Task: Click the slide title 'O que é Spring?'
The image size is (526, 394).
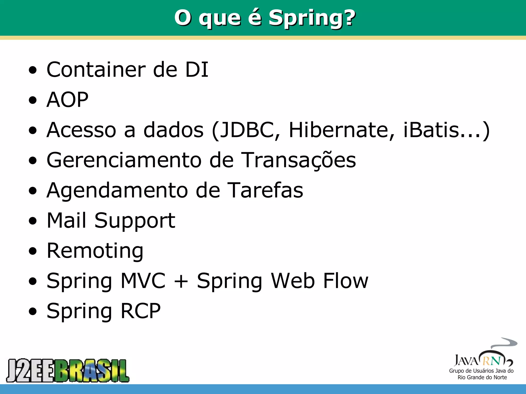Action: click(x=265, y=18)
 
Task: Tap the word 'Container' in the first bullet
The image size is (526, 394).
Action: click(x=96, y=70)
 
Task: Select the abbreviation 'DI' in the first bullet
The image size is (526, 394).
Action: click(x=196, y=70)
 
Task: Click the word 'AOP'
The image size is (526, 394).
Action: click(x=67, y=100)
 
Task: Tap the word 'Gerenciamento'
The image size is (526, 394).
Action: click(x=124, y=160)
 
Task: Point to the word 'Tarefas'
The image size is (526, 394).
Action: click(x=266, y=190)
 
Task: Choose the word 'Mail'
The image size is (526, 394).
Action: click(x=67, y=220)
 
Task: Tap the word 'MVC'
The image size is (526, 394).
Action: click(x=143, y=281)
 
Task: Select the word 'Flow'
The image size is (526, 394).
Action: click(x=346, y=281)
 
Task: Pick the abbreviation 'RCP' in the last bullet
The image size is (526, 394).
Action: click(x=140, y=311)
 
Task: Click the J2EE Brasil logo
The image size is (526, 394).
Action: click(x=68, y=371)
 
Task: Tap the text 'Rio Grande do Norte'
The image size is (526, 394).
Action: click(x=482, y=377)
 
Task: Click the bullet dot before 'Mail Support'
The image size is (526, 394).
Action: click(x=33, y=221)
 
